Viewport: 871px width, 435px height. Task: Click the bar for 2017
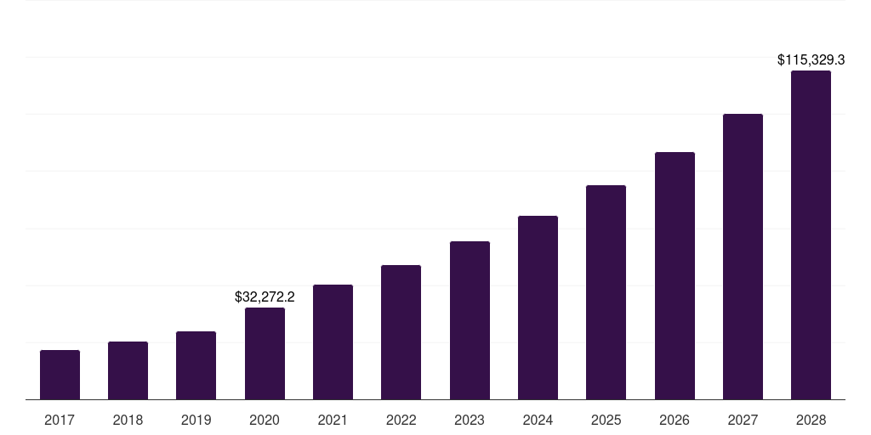coord(60,375)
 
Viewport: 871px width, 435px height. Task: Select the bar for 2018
coord(128,370)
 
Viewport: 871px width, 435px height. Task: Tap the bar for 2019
coord(196,365)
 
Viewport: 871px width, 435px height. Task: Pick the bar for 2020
coord(265,353)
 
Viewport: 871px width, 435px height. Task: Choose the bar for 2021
coord(333,342)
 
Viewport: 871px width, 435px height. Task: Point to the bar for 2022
coord(401,332)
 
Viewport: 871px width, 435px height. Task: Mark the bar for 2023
coord(470,320)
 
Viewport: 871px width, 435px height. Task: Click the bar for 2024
coord(538,308)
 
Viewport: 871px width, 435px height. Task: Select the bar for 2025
coord(606,292)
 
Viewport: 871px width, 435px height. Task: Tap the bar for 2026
coord(675,275)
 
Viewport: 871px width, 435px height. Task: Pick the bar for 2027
coord(743,257)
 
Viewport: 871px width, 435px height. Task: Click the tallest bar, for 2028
coord(811,234)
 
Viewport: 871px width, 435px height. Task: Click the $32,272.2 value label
coord(265,297)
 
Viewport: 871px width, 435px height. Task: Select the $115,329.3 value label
coord(811,60)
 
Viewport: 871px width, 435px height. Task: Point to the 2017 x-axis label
coord(60,420)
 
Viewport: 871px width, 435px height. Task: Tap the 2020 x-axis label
coord(265,420)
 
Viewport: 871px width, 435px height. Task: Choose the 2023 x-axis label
coord(470,420)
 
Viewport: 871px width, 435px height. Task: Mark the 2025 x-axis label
coord(606,420)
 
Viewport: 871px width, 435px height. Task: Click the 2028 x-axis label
coord(811,420)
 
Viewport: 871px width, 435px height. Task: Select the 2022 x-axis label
coord(401,420)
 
